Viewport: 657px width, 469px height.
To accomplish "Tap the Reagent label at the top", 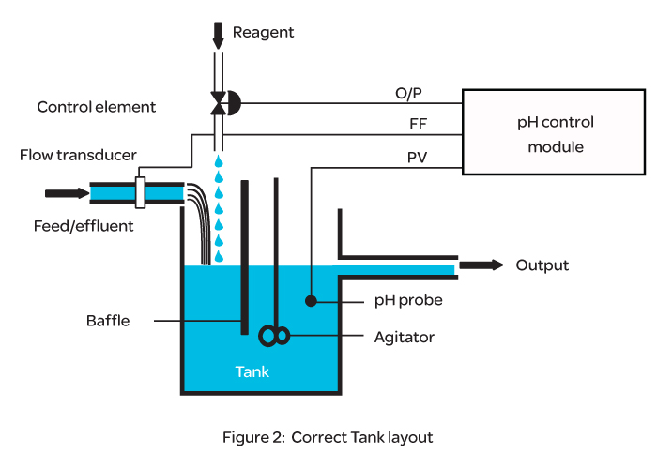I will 263,33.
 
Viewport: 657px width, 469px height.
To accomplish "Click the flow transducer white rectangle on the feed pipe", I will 141,192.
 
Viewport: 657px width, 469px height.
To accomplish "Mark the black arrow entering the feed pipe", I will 64,193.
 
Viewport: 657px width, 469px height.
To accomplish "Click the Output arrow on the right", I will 481,265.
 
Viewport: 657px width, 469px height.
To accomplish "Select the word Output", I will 542,265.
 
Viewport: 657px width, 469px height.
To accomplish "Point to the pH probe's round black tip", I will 310,301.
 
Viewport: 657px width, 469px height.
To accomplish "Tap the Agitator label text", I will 405,335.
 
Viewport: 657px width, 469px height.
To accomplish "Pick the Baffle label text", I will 105,322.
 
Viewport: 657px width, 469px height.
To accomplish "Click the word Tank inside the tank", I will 252,371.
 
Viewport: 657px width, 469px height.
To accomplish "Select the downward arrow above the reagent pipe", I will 219,36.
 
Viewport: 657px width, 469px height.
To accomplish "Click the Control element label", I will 97,107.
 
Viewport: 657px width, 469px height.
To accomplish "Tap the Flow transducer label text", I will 78,155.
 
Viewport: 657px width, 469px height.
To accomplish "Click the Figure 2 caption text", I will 328,437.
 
